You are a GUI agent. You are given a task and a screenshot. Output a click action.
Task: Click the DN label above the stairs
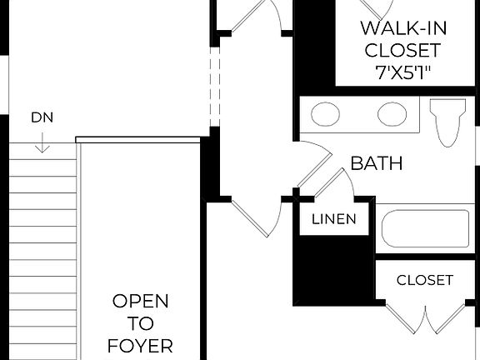pos(42,117)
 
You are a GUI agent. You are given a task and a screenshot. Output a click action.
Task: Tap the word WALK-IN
pos(402,28)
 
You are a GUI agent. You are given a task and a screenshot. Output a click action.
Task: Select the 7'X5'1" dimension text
pos(402,72)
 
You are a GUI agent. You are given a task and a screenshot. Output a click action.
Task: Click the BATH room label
pos(376,162)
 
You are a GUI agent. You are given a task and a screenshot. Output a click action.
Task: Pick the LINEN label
pos(334,220)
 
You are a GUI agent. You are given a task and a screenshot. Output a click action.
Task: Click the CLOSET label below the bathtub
pos(424,280)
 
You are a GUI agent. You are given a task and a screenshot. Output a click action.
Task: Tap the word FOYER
pos(140,344)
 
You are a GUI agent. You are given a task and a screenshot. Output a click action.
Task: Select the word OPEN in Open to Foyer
pos(140,301)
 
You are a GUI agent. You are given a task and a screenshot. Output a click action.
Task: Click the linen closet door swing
pos(337,185)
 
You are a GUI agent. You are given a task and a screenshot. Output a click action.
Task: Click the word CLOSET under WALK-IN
pos(402,50)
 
